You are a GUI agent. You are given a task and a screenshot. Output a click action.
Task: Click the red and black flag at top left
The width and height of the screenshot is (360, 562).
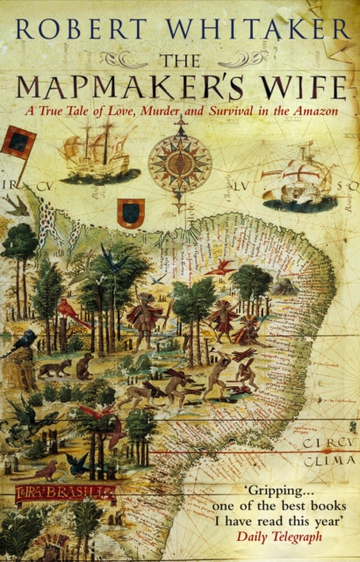pyautogui.click(x=18, y=141)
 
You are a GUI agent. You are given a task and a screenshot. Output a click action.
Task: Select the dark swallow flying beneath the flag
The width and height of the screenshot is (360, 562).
pyautogui.click(x=15, y=204)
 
